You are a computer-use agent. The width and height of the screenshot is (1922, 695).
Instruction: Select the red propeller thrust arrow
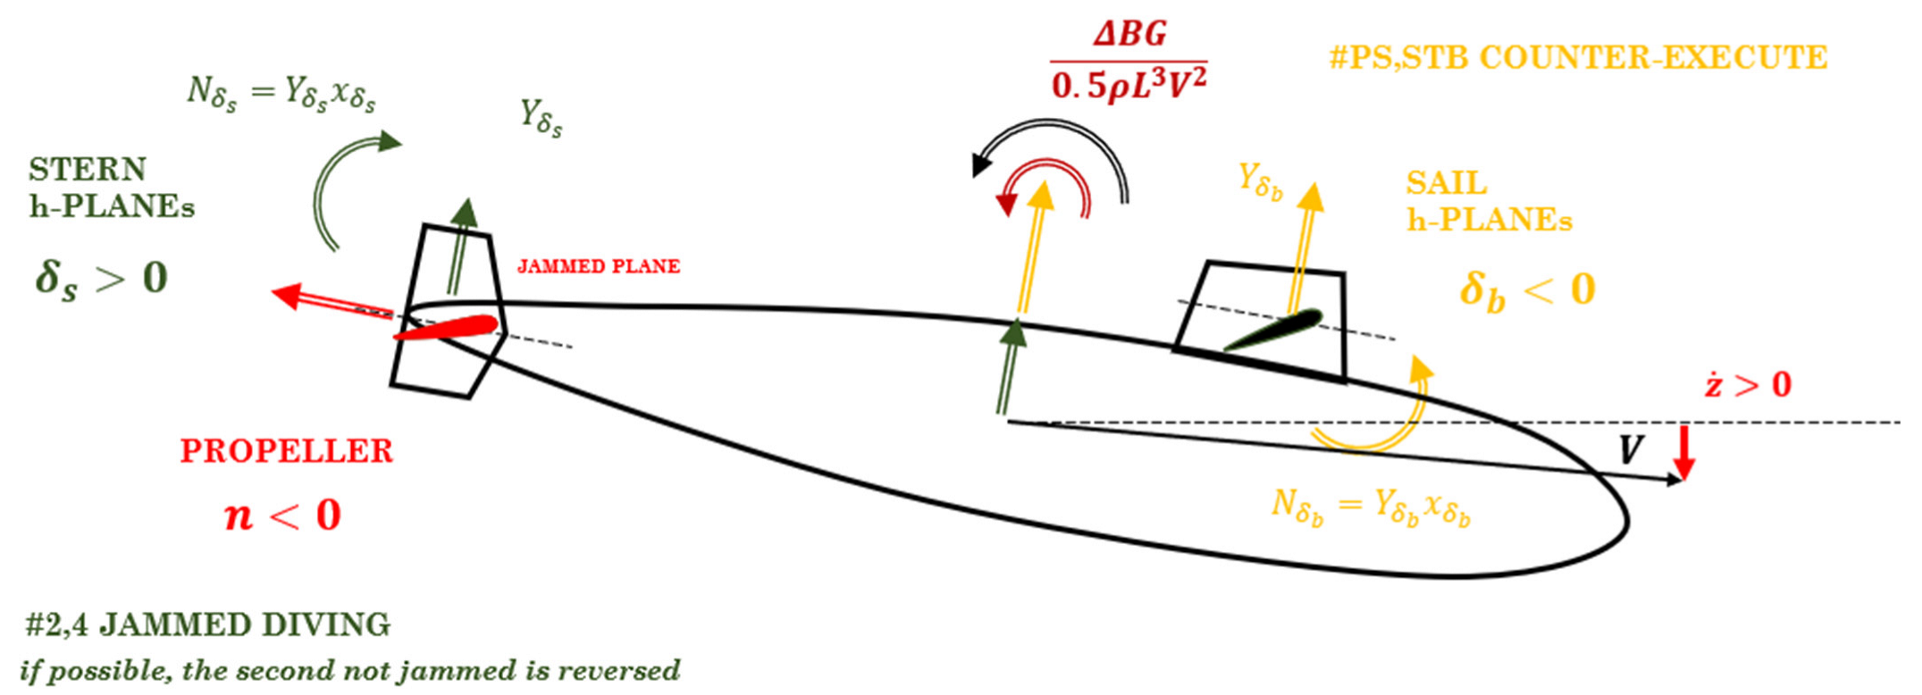pos(331,301)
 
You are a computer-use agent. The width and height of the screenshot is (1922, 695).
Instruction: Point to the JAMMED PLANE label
pos(599,266)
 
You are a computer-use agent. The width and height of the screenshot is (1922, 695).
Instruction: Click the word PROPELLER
pos(286,451)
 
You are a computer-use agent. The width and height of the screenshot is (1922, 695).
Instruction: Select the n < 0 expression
pos(282,515)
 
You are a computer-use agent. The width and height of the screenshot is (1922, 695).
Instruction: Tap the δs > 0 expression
pos(101,278)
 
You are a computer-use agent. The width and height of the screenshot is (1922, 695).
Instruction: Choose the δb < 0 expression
pos(1527,289)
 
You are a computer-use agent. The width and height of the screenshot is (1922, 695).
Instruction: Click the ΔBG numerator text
pos(1129,34)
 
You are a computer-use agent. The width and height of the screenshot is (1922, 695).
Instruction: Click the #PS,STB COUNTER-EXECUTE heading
pos(1578,57)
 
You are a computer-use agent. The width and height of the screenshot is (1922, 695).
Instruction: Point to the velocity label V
pos(1631,449)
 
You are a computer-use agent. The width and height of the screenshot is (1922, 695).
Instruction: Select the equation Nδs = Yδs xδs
pos(281,93)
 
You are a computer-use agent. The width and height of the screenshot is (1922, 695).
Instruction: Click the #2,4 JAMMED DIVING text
pos(207,624)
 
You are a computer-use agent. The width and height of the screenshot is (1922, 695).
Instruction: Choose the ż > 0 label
pos(1748,385)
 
